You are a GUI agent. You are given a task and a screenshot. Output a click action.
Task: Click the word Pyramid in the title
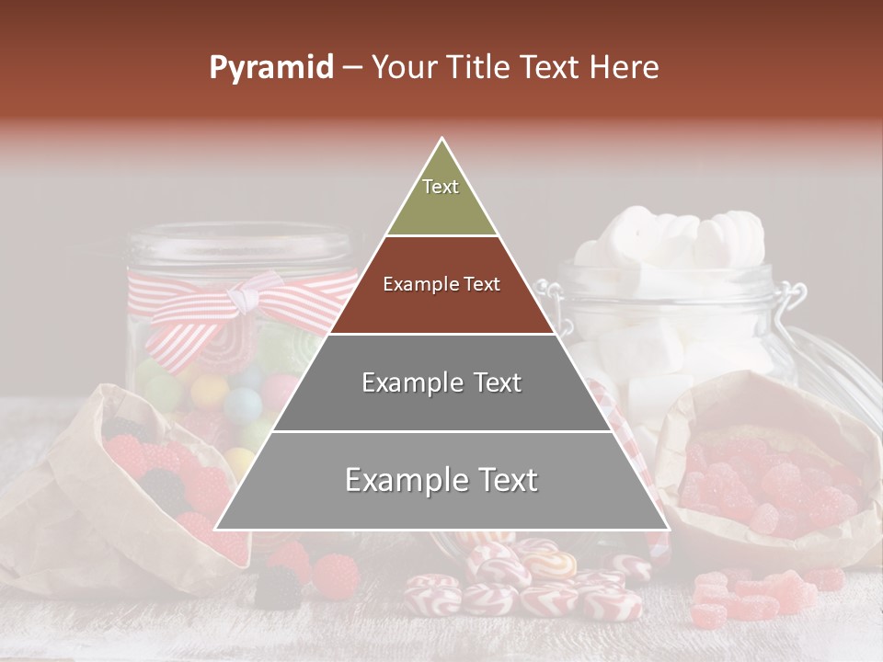[x=270, y=68]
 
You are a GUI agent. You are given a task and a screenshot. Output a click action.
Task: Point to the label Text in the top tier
[x=441, y=187]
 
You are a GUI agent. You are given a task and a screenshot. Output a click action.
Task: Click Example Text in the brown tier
[x=441, y=284]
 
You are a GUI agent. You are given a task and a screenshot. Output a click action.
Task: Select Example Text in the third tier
[x=441, y=382]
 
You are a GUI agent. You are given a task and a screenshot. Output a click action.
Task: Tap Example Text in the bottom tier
[x=441, y=480]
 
